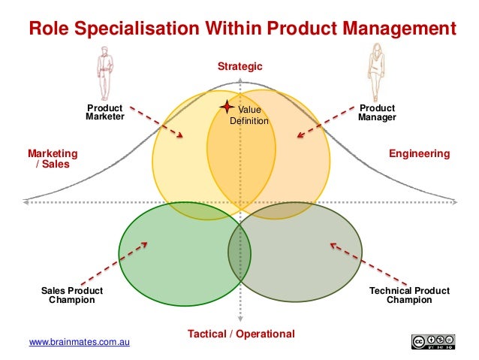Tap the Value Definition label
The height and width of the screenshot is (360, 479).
click(x=249, y=116)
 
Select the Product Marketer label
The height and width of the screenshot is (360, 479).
click(x=104, y=113)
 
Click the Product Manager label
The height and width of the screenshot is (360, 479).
click(x=377, y=113)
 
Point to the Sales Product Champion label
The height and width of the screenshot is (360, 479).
click(x=71, y=295)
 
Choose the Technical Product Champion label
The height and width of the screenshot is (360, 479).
click(x=409, y=295)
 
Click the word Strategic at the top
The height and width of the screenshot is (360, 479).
click(x=240, y=67)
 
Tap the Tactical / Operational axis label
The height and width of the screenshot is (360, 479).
click(x=241, y=334)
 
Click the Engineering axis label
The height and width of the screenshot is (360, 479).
click(x=419, y=154)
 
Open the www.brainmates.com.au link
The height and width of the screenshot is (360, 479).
click(x=80, y=343)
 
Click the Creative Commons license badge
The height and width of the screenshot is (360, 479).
click(x=433, y=342)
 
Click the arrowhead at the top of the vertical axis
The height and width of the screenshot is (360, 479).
click(x=240, y=80)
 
